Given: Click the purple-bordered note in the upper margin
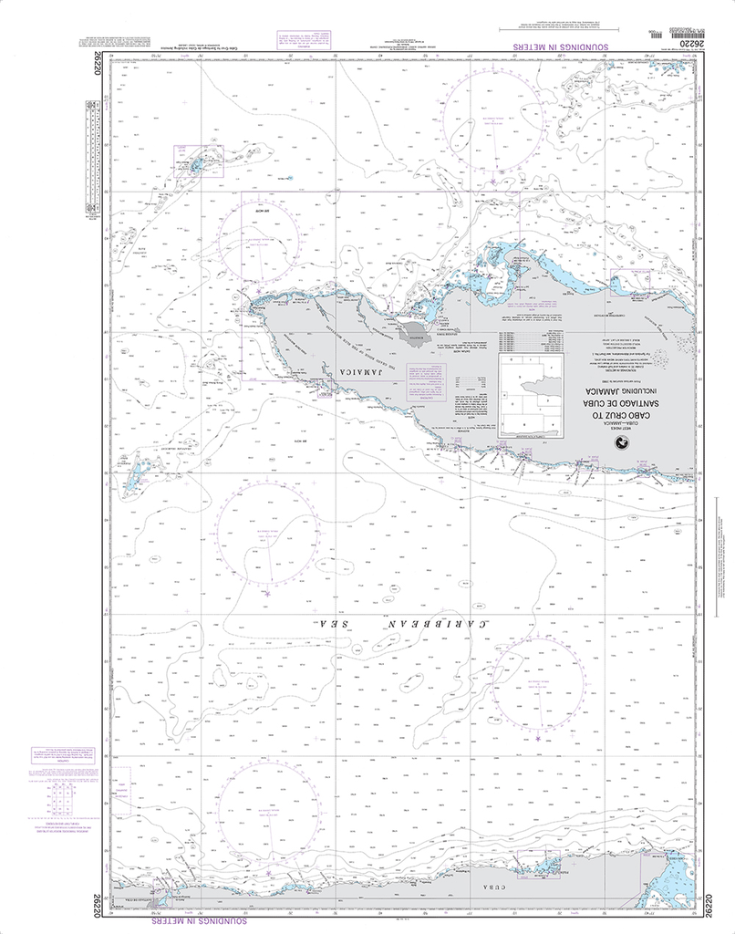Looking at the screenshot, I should point(302,39).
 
